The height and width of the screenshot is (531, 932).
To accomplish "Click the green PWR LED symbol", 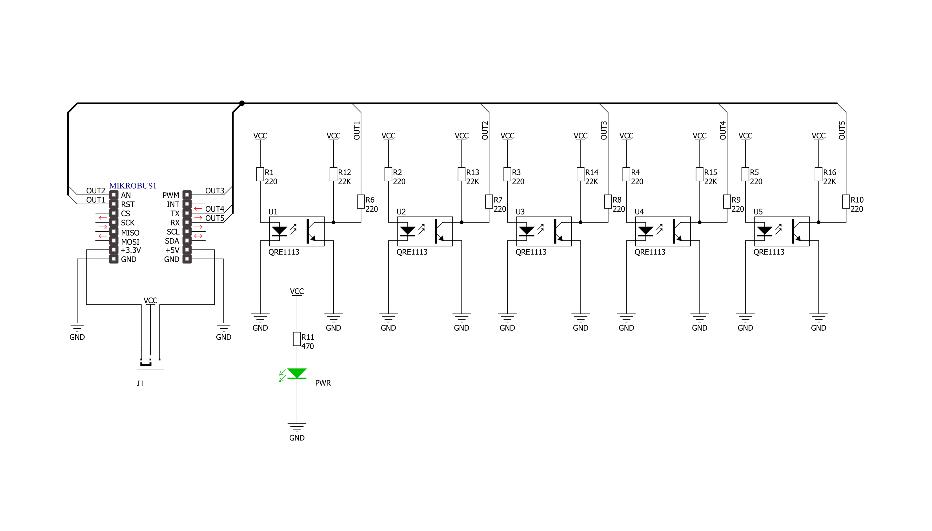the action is tap(296, 374).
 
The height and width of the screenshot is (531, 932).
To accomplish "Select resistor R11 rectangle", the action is tap(297, 339).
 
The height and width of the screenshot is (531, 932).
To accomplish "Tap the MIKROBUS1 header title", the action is tap(133, 186).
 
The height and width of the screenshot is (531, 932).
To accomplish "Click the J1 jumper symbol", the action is tap(150, 362).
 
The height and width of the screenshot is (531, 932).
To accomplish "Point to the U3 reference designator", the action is tap(520, 211).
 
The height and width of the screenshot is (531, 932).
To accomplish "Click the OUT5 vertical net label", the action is tap(842, 130).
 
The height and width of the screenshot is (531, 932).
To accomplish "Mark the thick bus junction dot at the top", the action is tap(242, 103).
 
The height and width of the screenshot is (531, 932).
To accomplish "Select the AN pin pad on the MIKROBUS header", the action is tap(114, 195).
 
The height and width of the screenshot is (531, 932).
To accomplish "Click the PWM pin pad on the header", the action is tap(187, 195).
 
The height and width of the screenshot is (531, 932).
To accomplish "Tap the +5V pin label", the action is tap(172, 250).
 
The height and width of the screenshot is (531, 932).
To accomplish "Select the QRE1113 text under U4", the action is tap(650, 252).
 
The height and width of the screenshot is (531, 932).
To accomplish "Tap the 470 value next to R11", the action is tap(307, 346).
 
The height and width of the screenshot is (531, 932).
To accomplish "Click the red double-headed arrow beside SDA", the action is tap(198, 236).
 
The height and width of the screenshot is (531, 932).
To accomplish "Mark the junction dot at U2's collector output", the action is tap(461, 222).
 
